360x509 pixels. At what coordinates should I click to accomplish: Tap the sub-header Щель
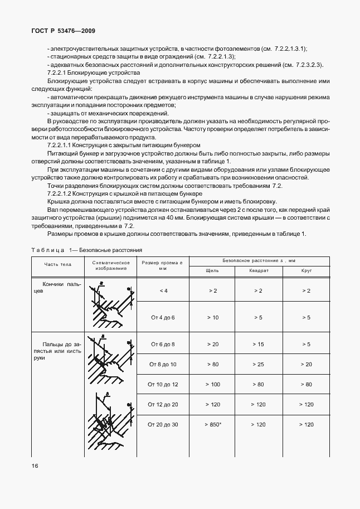coord(212,270)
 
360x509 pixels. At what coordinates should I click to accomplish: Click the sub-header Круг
coord(306,270)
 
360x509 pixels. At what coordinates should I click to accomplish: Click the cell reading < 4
coord(163,290)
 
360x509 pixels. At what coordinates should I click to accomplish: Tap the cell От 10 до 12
coord(163,384)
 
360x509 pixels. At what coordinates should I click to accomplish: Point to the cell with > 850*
coord(213,425)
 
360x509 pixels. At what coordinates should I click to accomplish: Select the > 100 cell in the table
coord(212,384)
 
